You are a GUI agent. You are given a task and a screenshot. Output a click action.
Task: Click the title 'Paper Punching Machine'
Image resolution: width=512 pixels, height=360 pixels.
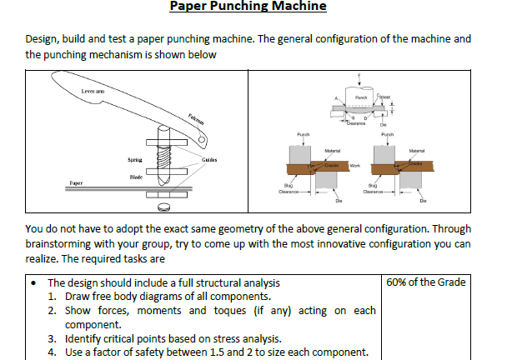click(248, 7)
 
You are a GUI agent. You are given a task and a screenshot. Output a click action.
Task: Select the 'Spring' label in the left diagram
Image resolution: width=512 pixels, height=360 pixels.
click(135, 158)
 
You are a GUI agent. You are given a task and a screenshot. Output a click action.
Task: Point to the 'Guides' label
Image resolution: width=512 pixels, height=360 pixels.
click(210, 158)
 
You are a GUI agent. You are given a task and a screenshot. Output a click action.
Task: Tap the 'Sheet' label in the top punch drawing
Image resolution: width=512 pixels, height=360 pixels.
click(386, 97)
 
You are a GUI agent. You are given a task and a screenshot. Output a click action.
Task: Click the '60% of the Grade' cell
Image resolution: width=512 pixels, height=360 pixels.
click(427, 282)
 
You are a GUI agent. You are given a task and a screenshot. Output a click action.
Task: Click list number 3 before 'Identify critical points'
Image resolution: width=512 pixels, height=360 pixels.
click(51, 338)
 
